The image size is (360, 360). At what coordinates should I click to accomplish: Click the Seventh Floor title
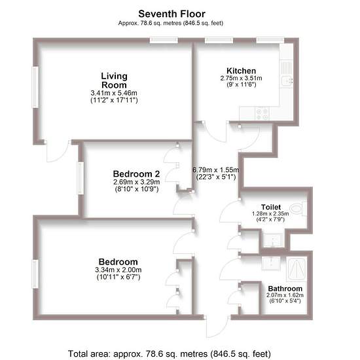coord(171,14)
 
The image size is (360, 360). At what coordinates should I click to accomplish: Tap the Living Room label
coord(114,81)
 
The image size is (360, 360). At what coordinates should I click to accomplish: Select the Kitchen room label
coord(241,71)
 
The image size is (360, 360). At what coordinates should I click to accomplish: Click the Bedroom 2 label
coord(136,174)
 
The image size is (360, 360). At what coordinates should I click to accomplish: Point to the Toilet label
coord(271,207)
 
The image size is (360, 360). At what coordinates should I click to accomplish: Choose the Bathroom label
coord(285,289)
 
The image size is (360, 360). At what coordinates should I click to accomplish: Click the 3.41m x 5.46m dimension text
coord(114,93)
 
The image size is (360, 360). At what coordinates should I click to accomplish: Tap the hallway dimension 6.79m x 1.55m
coord(216,170)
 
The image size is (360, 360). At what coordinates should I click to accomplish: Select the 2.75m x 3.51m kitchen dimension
coord(241,78)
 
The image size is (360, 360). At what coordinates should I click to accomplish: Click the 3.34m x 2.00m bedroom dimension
coord(118,270)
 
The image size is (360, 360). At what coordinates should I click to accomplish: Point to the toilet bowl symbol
coord(298,209)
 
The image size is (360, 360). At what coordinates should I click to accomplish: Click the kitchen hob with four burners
coord(262,113)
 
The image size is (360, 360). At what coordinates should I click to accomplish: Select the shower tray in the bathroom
coord(297,269)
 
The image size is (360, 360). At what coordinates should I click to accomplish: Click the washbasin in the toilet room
coord(273,240)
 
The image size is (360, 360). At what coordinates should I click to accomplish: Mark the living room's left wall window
coord(35,87)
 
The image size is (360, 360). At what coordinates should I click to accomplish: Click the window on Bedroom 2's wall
coord(81,178)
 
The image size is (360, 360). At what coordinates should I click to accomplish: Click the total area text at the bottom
coord(170,353)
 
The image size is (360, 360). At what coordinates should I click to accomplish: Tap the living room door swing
coord(57,151)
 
